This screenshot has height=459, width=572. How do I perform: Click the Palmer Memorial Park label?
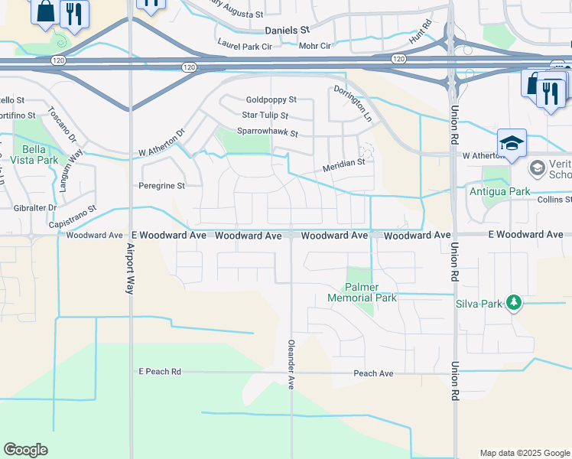point(363,292)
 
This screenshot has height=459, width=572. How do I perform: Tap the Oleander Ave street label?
point(291,365)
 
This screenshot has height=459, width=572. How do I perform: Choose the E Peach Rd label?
point(159,372)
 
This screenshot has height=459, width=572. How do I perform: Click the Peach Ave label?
point(373,373)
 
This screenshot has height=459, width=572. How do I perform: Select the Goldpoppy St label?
point(271,100)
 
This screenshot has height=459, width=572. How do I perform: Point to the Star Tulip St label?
point(265,116)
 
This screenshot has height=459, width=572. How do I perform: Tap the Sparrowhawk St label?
point(267,132)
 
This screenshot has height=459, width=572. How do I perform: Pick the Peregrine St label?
point(161,186)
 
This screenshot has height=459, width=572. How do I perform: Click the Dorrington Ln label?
point(353,104)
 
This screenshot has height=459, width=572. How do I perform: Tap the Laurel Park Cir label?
point(245,47)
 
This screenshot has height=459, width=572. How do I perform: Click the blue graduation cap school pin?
point(512,143)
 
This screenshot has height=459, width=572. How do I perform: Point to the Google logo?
point(26,450)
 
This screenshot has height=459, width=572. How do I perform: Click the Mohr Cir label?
point(315,46)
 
